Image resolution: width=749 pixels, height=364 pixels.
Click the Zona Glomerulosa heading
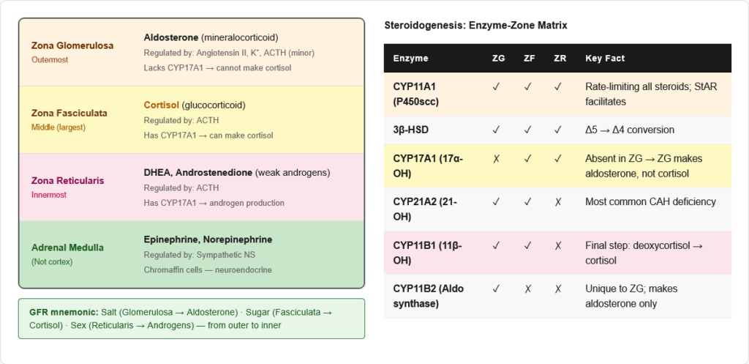[72, 45]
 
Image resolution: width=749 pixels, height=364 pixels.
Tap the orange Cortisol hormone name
[162, 105]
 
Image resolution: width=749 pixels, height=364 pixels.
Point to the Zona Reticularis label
[68, 180]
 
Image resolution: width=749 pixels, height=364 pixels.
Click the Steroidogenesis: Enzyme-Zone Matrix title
[475, 26]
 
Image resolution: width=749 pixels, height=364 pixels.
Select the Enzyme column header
[411, 59]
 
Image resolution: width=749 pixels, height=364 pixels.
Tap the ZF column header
[527, 59]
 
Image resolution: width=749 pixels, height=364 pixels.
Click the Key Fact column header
[605, 59]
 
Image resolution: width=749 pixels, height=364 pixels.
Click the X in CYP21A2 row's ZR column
[559, 201]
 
